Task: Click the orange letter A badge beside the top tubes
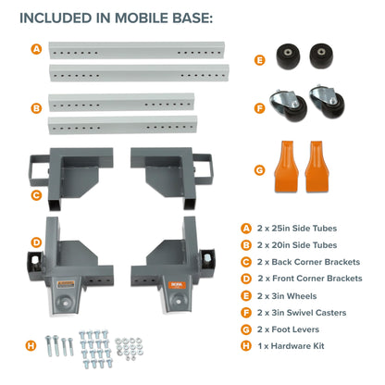pyautogui.click(x=36, y=48)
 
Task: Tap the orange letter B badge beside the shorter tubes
pyautogui.click(x=36, y=108)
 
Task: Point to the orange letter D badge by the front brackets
pyautogui.click(x=36, y=242)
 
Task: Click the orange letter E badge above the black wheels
pyautogui.click(x=260, y=61)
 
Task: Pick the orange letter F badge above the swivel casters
pyautogui.click(x=260, y=107)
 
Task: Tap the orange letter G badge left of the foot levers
pyautogui.click(x=260, y=169)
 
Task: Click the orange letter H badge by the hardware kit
pyautogui.click(x=31, y=346)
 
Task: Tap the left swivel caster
pyautogui.click(x=288, y=105)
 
